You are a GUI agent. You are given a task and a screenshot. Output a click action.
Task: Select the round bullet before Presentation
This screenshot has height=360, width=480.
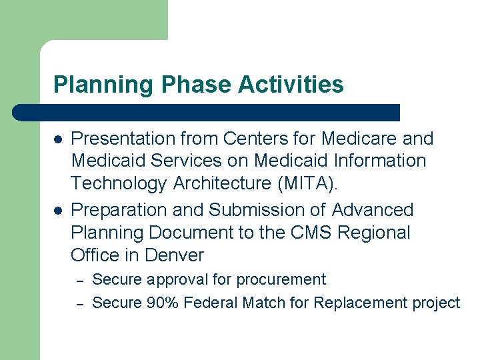tap(58, 139)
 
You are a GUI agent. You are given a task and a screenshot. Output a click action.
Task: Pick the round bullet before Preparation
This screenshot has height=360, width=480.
tap(58, 211)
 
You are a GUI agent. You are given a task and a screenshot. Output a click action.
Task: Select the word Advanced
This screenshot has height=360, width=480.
tap(373, 210)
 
